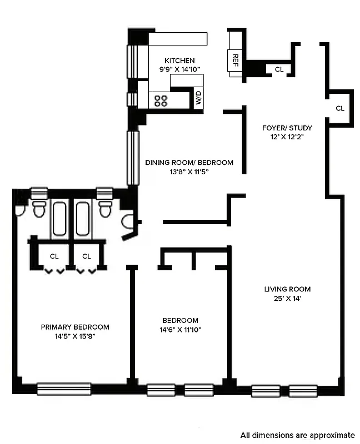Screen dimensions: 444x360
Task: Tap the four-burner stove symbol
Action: (161, 100)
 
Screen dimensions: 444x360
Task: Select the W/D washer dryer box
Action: (197, 98)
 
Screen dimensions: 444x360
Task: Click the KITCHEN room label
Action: (179, 60)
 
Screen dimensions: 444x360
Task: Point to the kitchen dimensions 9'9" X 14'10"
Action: (179, 69)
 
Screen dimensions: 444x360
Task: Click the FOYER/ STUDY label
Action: (287, 128)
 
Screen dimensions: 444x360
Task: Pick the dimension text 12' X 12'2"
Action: (287, 137)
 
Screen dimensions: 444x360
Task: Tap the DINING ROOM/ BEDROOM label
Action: (189, 163)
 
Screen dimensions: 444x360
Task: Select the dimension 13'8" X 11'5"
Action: (189, 172)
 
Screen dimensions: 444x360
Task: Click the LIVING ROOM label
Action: (287, 289)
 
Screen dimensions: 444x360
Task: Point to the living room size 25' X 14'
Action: (287, 299)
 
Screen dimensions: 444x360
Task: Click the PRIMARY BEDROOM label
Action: (75, 327)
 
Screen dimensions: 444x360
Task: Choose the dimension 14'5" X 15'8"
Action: (75, 336)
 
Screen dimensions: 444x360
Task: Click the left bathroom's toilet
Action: (39, 209)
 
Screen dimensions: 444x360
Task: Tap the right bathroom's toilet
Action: (104, 209)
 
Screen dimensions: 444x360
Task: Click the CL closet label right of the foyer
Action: (340, 108)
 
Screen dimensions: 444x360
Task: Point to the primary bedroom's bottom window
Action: (63, 389)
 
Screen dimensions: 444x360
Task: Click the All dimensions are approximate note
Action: (297, 435)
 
